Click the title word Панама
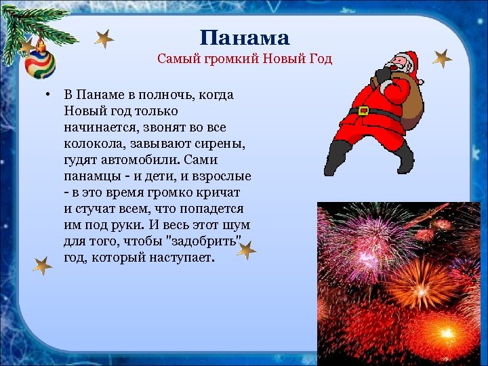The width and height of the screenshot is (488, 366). tap(245, 37)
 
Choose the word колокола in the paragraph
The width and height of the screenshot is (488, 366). tap(92, 144)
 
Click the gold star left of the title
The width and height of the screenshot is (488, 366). tap(104, 39)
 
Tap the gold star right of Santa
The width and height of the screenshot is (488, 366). tap(442, 60)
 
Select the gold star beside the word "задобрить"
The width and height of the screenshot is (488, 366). tap(247, 250)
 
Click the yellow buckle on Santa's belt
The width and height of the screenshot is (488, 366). tap(365, 110)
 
